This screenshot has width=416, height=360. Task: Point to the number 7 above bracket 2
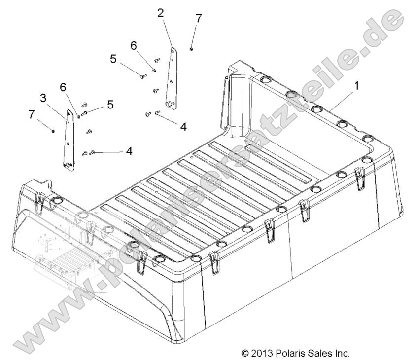click(199, 18)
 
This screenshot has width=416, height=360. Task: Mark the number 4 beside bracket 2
click(183, 126)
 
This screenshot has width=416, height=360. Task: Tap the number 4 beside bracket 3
click(129, 151)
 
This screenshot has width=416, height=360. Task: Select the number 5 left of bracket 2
click(113, 59)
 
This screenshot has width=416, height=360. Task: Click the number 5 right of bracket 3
click(110, 105)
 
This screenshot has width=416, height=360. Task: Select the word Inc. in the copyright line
click(341, 353)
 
